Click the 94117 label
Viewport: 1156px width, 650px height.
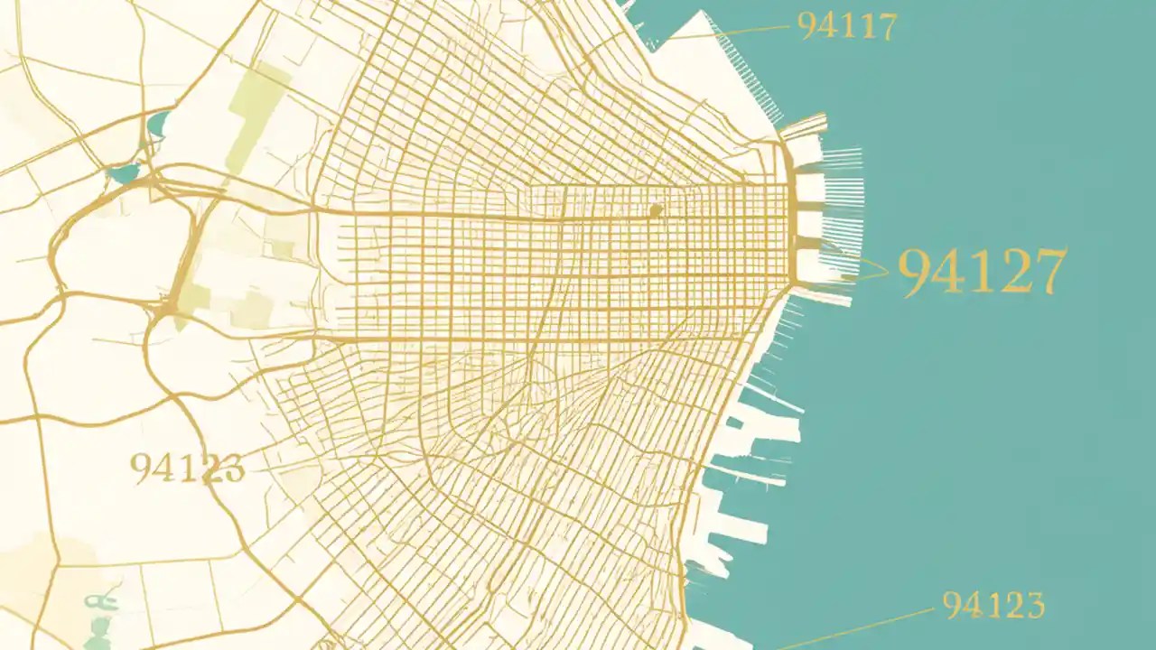tap(847, 27)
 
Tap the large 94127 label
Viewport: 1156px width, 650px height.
tap(983, 272)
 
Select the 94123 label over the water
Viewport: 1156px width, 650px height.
tap(993, 605)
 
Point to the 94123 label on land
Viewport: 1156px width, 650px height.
tap(187, 468)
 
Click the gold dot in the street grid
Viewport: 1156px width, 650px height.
tap(656, 210)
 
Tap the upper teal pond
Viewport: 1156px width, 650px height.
tap(159, 124)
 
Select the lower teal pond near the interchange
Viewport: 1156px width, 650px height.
tap(123, 172)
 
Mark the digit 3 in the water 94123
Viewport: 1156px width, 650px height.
tap(1033, 605)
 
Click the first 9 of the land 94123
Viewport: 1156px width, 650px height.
tap(141, 468)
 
